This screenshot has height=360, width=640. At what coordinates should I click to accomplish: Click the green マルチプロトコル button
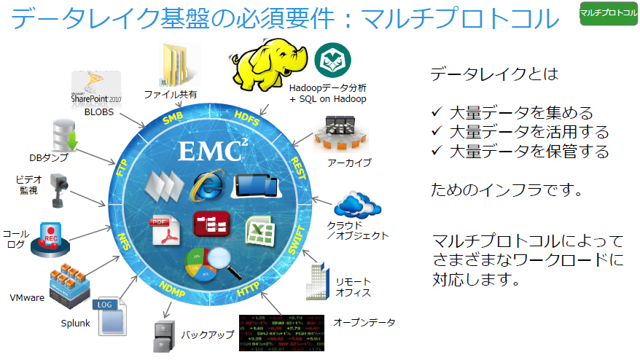(x=608, y=13)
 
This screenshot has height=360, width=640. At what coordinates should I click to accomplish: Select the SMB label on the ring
(x=173, y=120)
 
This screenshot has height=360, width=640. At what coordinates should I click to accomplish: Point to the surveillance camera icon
(x=60, y=191)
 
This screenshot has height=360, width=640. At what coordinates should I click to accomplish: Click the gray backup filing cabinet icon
(x=161, y=337)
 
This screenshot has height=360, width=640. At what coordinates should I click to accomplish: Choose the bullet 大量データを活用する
(x=528, y=133)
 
